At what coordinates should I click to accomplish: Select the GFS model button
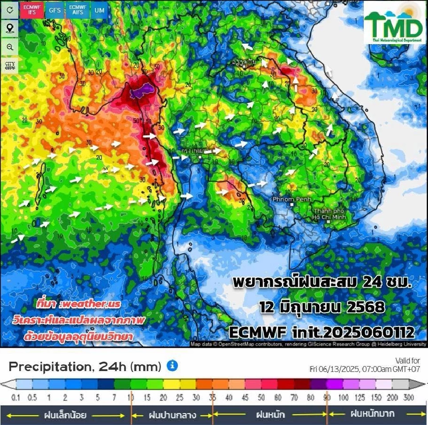(x=55, y=10)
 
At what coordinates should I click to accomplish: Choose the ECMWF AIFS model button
(x=77, y=10)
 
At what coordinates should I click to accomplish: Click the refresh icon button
(x=10, y=10)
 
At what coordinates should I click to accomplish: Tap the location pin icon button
(x=10, y=29)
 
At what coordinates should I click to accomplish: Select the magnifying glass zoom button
(x=10, y=47)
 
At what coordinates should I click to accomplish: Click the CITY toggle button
(x=10, y=66)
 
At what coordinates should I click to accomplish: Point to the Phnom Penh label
(x=288, y=199)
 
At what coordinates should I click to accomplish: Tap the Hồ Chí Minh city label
(x=329, y=214)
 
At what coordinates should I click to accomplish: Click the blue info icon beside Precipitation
(x=172, y=366)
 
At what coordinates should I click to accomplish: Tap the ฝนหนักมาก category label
(x=372, y=414)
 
